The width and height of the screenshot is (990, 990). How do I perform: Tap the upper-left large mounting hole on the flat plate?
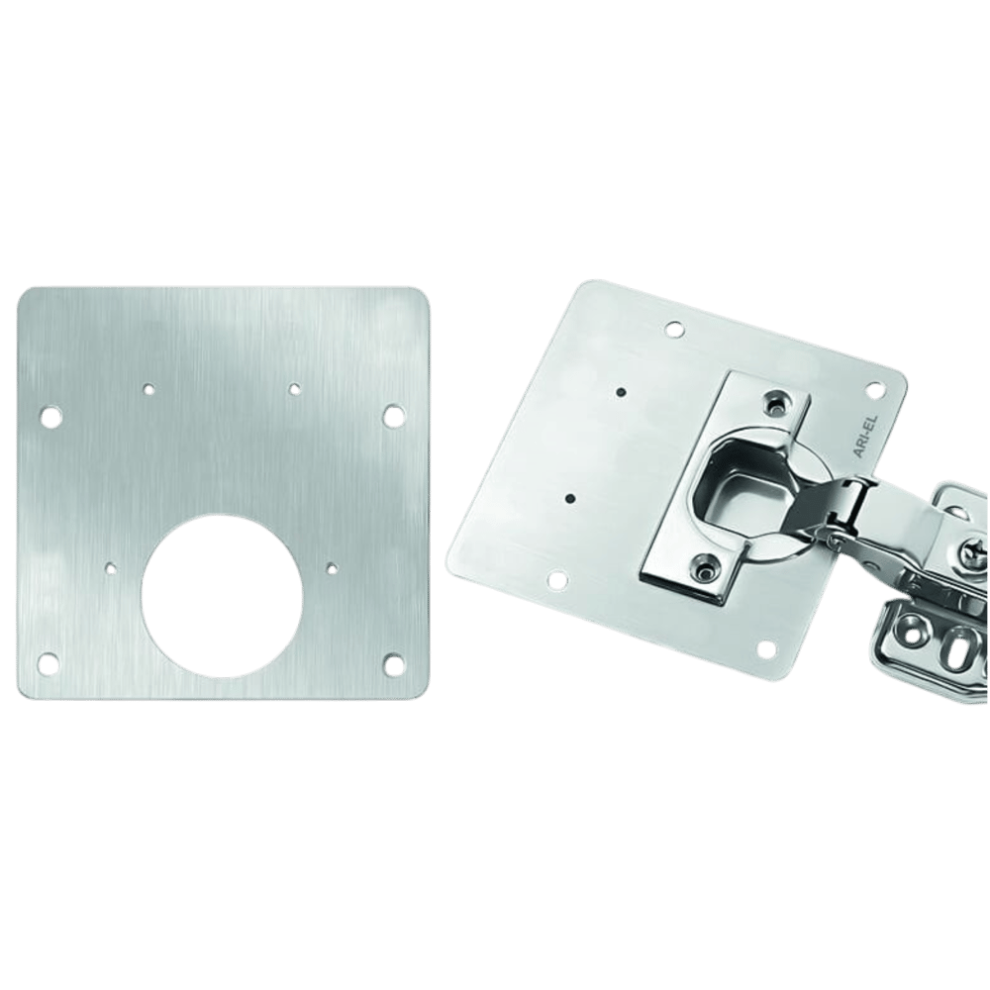[x=50, y=416]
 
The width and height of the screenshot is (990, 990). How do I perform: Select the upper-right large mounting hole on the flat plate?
[x=393, y=415]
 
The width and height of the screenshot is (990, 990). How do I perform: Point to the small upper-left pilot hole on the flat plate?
[x=149, y=389]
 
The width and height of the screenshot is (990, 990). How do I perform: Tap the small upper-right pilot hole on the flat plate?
[x=294, y=389]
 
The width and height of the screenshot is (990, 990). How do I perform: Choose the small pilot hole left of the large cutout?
[x=111, y=567]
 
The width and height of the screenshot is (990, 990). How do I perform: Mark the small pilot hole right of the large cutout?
[x=332, y=568]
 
